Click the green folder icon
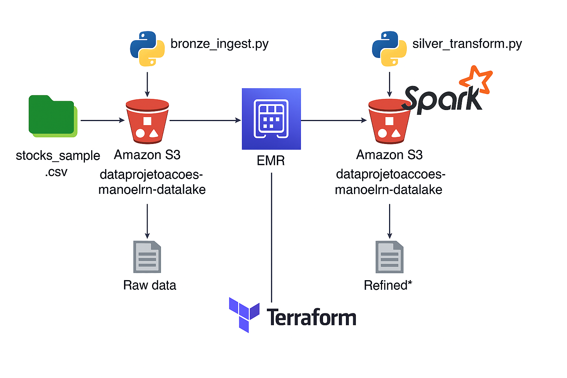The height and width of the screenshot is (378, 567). (52, 116)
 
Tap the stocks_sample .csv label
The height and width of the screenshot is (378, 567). (58, 163)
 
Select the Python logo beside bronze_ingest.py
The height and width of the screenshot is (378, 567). (147, 49)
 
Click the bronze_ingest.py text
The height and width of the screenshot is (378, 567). (219, 44)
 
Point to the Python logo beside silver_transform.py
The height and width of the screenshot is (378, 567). (389, 49)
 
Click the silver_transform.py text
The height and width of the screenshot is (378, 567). (467, 44)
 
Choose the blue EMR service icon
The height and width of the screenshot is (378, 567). (271, 119)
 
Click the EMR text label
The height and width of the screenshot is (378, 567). (271, 161)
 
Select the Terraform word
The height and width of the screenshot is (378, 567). (311, 317)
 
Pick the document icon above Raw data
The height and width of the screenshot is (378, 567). (147, 257)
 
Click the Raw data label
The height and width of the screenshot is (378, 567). (150, 285)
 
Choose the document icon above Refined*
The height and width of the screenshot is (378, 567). (389, 257)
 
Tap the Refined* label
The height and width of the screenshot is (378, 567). (388, 285)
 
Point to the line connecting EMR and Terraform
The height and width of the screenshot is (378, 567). (272, 236)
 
